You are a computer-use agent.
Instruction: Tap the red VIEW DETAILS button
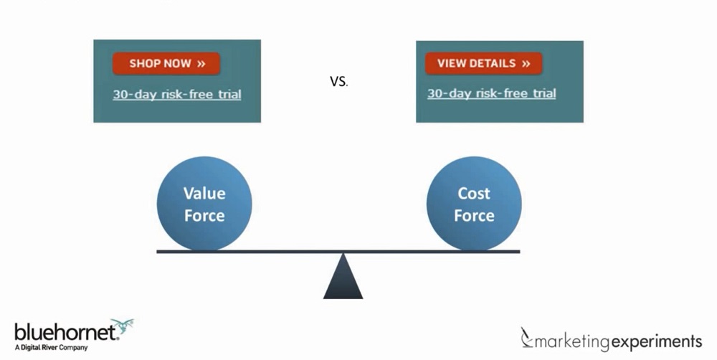click(x=483, y=63)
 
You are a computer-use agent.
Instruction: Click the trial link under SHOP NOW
click(x=176, y=94)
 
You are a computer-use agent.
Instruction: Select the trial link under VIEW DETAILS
click(x=491, y=93)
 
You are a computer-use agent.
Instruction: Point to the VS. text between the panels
click(x=338, y=81)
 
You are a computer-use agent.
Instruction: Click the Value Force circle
click(x=204, y=204)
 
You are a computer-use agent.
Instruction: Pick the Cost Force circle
click(x=474, y=204)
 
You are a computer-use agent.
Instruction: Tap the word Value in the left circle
click(x=204, y=193)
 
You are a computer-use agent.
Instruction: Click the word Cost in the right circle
click(x=474, y=193)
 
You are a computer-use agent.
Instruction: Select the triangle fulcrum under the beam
click(x=343, y=278)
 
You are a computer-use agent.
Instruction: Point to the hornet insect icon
click(x=122, y=327)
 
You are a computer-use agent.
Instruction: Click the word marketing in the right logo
click(x=574, y=340)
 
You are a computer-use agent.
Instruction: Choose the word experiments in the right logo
click(x=655, y=340)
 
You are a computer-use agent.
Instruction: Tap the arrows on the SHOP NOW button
click(x=201, y=63)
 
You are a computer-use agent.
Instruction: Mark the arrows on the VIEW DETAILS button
click(x=526, y=63)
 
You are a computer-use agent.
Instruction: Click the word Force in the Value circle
click(x=204, y=216)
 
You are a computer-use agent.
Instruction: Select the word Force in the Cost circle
click(x=474, y=216)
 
